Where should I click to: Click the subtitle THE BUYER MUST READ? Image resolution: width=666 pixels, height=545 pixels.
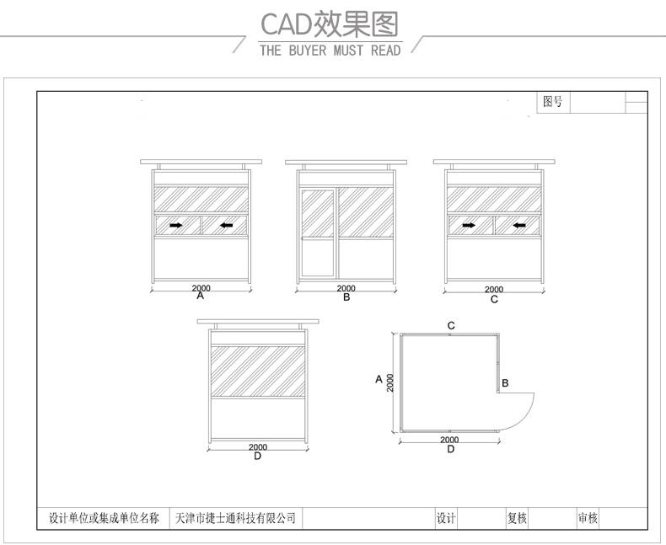pyautogui.click(x=330, y=51)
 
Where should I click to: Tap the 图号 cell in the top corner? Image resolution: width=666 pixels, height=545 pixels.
pyautogui.click(x=553, y=102)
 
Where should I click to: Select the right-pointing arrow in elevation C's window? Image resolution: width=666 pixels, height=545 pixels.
pyautogui.click(x=469, y=225)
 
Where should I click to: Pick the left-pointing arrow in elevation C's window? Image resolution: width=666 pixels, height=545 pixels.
pyautogui.click(x=518, y=225)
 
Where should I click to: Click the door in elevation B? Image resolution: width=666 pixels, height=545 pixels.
pyautogui.click(x=318, y=232)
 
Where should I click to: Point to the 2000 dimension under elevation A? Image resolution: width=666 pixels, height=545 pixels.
pyautogui.click(x=201, y=288)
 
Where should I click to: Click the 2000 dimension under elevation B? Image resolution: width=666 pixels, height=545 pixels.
pyautogui.click(x=346, y=288)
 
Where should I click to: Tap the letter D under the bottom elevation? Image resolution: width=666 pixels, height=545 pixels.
pyautogui.click(x=257, y=457)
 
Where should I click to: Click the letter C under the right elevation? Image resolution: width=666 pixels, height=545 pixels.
pyautogui.click(x=494, y=299)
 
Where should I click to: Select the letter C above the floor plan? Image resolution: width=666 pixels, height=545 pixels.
pyautogui.click(x=451, y=325)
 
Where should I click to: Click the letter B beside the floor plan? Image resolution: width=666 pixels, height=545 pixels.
pyautogui.click(x=505, y=382)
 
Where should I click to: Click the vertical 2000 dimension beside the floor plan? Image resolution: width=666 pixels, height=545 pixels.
pyautogui.click(x=390, y=382)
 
